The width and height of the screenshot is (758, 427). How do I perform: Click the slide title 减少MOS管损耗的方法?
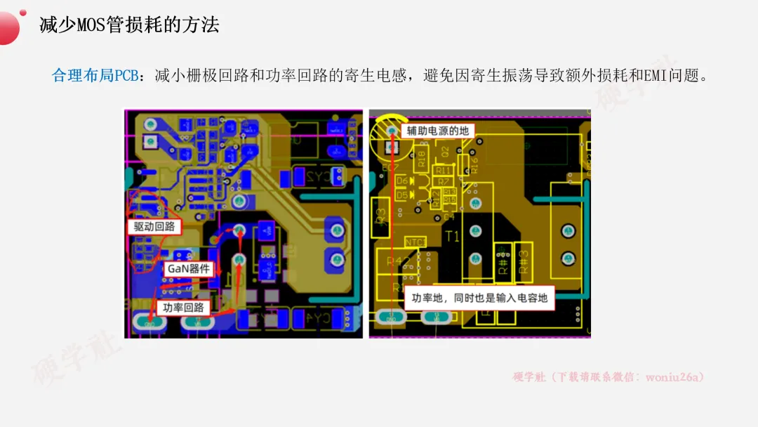[x=129, y=25]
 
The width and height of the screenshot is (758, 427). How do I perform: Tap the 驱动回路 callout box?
[x=154, y=227]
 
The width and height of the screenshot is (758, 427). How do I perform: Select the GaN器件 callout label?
[x=188, y=269]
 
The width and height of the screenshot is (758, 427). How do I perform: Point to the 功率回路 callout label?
[x=183, y=307]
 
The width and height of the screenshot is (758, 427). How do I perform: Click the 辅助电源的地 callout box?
[x=437, y=131]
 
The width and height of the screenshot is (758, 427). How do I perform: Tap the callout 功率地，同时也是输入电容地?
[x=480, y=298]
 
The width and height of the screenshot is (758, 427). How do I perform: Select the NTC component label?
[x=415, y=242]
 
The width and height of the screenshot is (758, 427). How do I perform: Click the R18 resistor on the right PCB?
[x=421, y=158]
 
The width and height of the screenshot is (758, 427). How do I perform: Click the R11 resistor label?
[x=443, y=170]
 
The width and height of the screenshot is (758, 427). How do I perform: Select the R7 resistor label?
[x=445, y=182]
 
